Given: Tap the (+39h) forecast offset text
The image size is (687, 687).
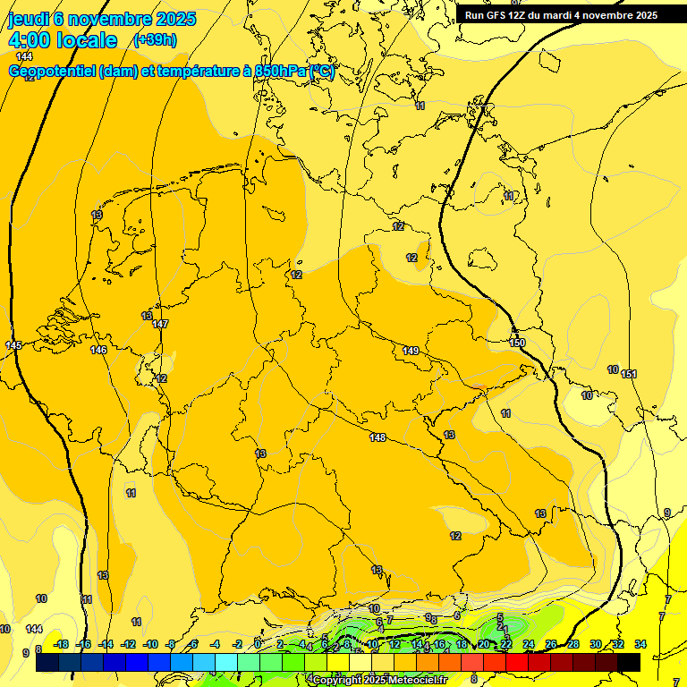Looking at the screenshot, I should point(155,39).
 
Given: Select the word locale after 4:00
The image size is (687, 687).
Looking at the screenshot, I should point(87,40).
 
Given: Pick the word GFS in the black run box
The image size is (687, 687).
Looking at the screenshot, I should point(501,15).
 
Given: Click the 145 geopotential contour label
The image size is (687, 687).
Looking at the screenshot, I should point(13,345).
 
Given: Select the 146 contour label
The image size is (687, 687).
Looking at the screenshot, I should point(98,350).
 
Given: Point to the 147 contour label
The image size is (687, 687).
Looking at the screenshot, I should point(160,324).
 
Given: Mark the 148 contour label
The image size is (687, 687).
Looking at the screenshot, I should point(377,437).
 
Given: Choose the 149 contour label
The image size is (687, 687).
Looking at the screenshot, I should point(411,351).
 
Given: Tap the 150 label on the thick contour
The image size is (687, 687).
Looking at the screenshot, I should point(517,343).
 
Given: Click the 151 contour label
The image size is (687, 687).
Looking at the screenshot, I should point(629,374).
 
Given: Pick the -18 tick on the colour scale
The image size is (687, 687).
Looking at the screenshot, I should point(61,644).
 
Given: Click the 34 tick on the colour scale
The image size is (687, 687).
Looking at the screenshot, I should point(640,644).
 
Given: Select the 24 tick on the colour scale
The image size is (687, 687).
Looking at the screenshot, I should point(529,644).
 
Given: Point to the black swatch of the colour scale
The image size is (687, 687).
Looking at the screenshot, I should point(629,662).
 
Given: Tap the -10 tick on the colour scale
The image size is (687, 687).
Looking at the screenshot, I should point(150,644).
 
